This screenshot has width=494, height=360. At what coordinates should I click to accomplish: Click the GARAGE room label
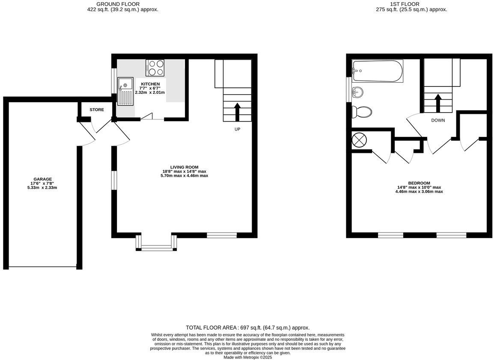(43, 179)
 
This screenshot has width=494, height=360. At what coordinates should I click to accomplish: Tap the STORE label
(97, 110)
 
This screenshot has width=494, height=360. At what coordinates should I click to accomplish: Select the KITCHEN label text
(151, 84)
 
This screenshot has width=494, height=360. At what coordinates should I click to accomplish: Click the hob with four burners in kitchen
(155, 68)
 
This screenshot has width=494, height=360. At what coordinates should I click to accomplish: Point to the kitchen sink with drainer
(125, 91)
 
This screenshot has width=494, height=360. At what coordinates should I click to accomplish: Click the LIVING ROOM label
(184, 167)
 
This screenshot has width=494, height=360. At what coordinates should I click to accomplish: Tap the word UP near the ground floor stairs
(237, 129)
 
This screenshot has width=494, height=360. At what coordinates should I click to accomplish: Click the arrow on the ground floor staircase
(237, 112)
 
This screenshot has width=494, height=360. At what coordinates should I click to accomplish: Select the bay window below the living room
(156, 246)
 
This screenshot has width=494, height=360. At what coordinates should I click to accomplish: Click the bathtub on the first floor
(377, 71)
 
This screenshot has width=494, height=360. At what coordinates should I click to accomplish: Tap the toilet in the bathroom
(362, 112)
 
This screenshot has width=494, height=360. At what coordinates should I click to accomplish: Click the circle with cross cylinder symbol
(359, 140)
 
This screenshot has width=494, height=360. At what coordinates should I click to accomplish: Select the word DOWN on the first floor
(437, 120)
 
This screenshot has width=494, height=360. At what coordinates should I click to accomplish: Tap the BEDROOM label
(419, 183)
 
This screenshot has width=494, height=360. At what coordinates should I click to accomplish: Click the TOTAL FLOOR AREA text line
(247, 327)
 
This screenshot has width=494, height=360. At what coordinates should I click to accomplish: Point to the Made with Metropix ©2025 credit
(247, 357)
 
